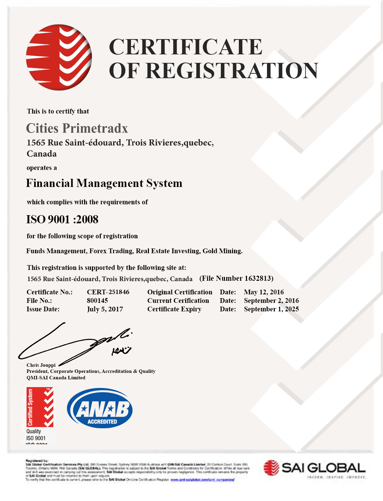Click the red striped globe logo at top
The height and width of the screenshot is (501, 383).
59,57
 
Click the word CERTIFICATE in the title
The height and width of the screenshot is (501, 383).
186,47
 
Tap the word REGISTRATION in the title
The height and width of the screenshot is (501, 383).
232,71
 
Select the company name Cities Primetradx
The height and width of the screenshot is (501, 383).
77,128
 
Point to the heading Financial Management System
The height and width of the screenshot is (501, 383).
104,183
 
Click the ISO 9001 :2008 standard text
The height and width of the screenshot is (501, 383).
62,219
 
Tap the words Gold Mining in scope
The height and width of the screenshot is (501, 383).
222,251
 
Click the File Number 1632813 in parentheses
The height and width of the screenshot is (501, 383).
236,278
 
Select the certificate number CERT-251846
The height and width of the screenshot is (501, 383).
108,292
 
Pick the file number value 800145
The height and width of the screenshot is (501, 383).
97,300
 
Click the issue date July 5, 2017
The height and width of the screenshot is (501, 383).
105,309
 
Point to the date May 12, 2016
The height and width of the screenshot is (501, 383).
264,292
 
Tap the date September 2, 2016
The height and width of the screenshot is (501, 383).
271,300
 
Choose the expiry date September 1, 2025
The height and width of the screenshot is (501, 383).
271,309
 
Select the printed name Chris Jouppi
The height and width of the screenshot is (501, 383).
41,365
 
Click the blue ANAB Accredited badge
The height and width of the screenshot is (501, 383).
100,408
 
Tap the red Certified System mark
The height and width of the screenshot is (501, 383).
40,407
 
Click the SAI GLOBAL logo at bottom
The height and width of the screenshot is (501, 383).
315,469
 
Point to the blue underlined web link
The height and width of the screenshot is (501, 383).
202,480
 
